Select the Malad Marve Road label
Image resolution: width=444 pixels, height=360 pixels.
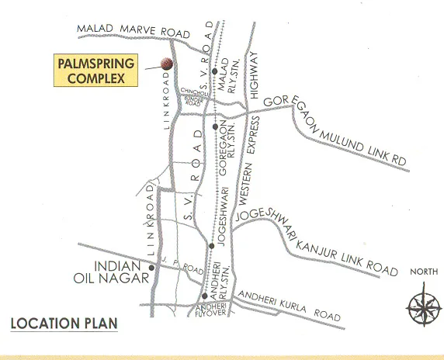coord(134,30)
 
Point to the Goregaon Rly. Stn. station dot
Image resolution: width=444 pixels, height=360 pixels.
coord(213,126)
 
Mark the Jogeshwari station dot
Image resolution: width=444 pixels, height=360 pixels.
coord(211,246)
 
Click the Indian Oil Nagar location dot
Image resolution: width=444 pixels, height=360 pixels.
coord(153,268)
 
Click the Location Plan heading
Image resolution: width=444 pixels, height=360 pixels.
coord(64,323)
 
